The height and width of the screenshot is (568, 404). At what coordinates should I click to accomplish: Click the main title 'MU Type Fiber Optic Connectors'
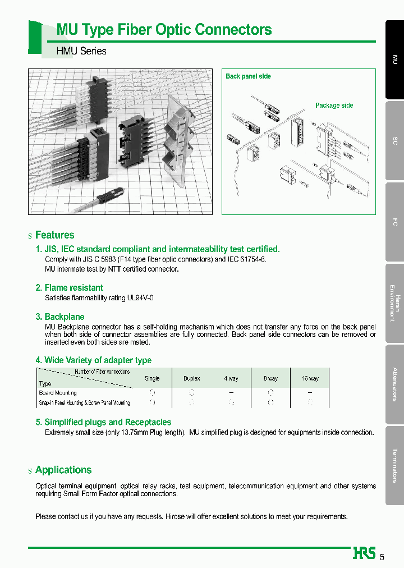coord(164,30)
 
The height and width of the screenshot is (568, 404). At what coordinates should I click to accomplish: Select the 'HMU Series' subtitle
coord(81,51)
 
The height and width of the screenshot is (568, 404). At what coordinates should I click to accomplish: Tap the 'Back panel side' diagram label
coord(248,76)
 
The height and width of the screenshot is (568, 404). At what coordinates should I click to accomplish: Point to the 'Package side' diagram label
coord(334,106)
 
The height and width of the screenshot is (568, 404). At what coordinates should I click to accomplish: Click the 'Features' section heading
coord(54,235)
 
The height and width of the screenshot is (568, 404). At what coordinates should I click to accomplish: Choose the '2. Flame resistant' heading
coord(69,288)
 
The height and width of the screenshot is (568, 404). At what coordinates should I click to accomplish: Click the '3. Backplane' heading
coord(59,317)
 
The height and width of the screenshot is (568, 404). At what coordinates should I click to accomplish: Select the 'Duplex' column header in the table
coord(191,379)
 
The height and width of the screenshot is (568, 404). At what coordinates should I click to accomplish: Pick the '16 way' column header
coord(310,379)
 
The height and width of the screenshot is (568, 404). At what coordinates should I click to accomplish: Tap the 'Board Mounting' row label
coord(58,393)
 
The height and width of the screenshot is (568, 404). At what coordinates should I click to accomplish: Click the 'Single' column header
coord(152,379)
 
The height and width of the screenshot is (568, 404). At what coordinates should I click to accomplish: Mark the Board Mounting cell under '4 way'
coord(231,393)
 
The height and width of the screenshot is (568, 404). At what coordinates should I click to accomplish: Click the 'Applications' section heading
coord(63,470)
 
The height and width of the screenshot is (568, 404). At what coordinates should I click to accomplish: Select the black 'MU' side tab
coord(395,59)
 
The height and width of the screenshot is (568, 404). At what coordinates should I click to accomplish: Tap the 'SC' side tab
coord(395,141)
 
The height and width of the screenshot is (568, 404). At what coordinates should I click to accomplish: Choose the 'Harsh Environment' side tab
coord(395,303)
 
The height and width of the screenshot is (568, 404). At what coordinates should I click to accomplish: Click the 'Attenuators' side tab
coord(395,384)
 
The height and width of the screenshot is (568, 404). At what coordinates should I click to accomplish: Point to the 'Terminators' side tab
coord(395,465)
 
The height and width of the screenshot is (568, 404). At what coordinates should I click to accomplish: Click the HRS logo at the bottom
coord(364,553)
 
